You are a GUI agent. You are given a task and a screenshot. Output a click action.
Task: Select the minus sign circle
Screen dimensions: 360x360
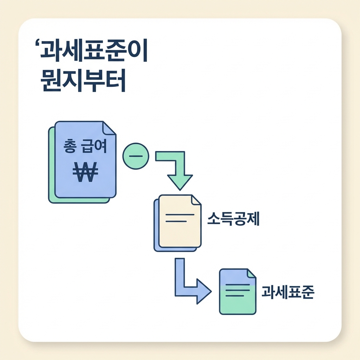tap(136, 156)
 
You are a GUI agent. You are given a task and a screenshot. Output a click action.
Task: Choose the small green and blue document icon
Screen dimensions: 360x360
tap(237, 291)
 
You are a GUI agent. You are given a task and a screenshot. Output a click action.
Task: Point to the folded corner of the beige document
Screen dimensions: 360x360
tap(195, 200)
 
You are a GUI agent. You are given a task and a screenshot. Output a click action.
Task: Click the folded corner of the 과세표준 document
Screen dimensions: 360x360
tap(251, 274)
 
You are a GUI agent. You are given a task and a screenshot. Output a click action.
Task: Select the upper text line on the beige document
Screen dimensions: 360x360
tap(179, 214)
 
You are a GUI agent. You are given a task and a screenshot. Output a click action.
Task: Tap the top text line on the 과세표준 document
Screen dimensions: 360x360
tap(237, 284)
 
